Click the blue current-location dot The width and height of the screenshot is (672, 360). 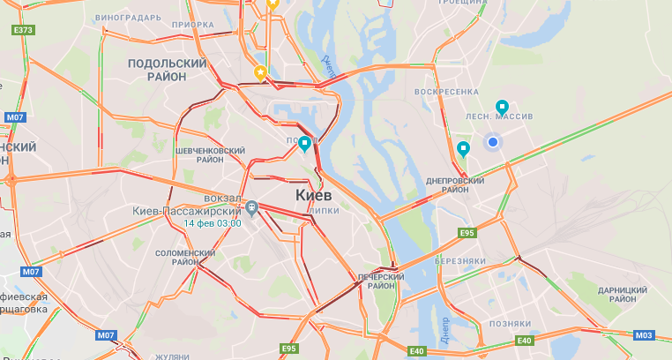(493, 141)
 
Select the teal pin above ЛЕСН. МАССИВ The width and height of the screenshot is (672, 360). (502, 107)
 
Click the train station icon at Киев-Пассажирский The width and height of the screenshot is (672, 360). (251, 208)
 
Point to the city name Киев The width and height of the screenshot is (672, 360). (313, 193)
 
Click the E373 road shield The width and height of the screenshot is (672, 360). (24, 31)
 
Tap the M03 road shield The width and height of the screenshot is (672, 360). (645, 334)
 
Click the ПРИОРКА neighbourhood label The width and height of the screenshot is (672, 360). (193, 26)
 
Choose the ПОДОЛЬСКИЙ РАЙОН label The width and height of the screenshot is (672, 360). (167, 70)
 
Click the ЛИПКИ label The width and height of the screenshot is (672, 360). (325, 212)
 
